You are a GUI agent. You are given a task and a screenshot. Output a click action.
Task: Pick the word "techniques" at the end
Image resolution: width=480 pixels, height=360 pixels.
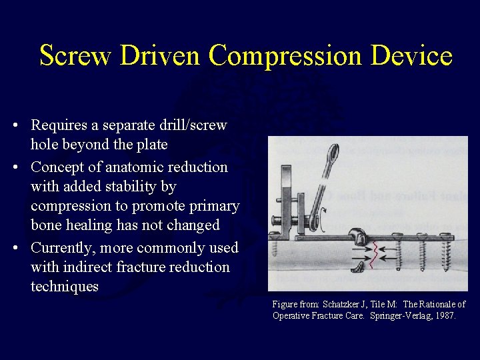click(x=64, y=287)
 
